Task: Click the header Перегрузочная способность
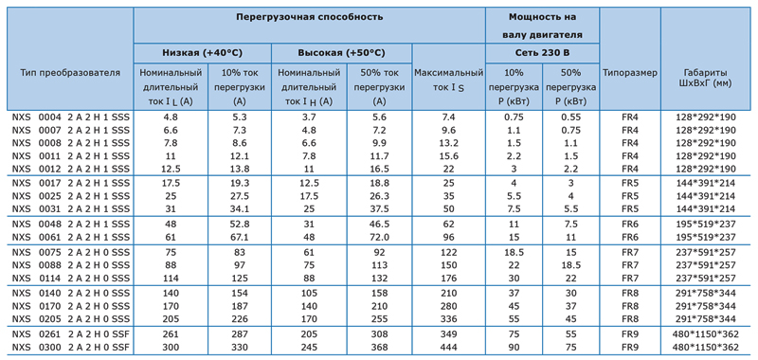[310, 17]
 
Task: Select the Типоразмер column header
[630, 73]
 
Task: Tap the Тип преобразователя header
[70, 73]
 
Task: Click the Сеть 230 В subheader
[542, 53]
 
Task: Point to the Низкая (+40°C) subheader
[202, 53]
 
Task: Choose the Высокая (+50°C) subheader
[341, 53]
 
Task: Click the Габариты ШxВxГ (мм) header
[705, 78]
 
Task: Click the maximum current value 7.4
[448, 117]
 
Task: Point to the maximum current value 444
[448, 348]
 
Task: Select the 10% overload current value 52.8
[240, 225]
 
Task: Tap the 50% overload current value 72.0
[380, 237]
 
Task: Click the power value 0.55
[570, 117]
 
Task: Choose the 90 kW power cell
[514, 348]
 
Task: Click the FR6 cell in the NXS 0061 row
[630, 237]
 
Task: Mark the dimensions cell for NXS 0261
[705, 334]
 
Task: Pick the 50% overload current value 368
[380, 348]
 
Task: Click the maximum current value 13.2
[448, 143]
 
